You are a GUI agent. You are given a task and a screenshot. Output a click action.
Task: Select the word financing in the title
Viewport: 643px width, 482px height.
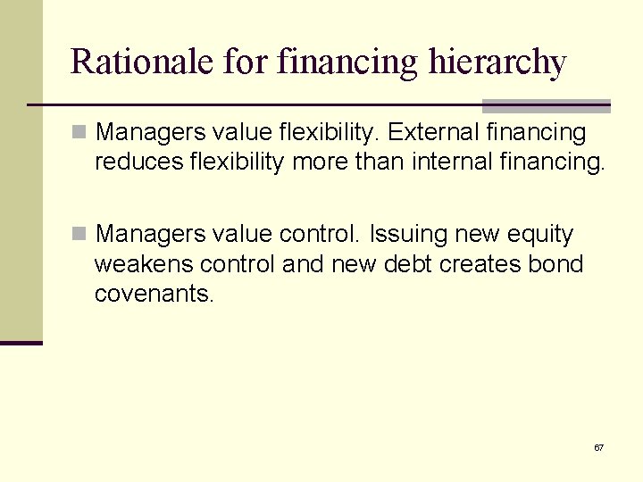tap(347, 62)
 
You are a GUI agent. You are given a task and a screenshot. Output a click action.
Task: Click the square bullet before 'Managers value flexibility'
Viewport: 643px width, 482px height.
tap(79, 133)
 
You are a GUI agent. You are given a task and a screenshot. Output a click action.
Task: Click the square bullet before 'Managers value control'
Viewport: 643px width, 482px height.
tap(79, 234)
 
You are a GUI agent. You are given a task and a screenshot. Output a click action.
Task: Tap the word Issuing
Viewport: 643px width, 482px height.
tap(406, 234)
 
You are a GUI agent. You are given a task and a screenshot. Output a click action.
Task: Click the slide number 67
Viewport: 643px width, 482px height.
tap(598, 447)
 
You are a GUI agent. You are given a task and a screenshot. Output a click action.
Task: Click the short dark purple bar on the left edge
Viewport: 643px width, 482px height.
tap(21, 343)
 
